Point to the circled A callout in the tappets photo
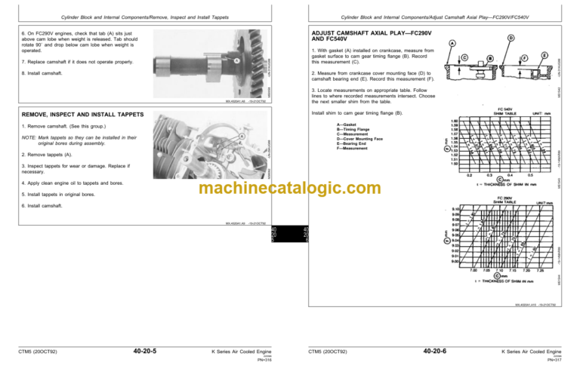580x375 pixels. tap(240, 137)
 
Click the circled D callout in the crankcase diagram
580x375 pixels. tap(511, 36)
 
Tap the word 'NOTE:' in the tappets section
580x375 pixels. tap(31, 138)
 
